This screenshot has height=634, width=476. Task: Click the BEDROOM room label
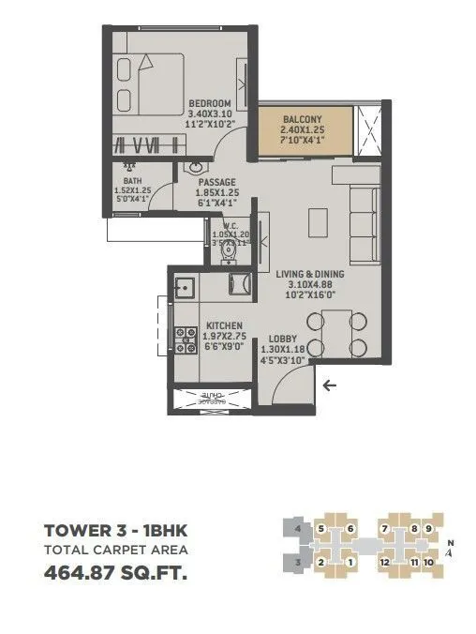coord(210,103)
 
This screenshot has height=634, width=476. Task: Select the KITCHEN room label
coord(224,326)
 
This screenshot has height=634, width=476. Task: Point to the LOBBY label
coord(283,339)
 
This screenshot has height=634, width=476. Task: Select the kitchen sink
coord(183,285)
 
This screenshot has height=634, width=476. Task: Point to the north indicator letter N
coord(450,542)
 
